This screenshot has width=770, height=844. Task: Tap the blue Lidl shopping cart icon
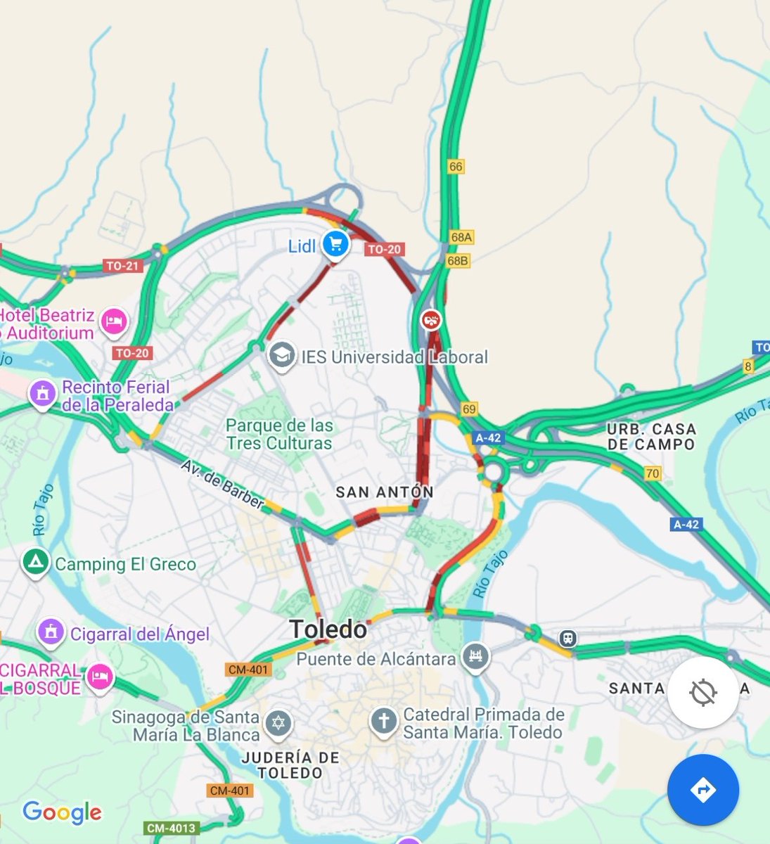point(335,244)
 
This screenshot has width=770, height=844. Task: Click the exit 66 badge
point(456,167)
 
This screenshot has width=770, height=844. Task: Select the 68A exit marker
point(461,238)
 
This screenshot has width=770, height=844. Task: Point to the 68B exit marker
point(457,261)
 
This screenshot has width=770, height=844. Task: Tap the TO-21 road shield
point(122,266)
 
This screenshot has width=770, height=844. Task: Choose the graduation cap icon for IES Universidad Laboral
point(282,354)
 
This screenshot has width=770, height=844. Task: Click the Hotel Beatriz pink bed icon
point(113,321)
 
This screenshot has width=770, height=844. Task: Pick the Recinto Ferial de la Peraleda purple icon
point(42,393)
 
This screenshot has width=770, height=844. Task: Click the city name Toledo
point(328,629)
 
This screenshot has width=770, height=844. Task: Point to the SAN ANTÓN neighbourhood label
point(384,492)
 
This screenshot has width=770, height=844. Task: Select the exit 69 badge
point(469,409)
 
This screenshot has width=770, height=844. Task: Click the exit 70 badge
point(653,473)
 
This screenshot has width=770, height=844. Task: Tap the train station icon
point(567,639)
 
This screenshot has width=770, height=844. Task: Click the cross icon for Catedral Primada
point(384,721)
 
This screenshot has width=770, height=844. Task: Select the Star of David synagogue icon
point(278,723)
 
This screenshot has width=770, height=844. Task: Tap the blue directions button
point(702,790)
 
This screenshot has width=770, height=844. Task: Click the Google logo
point(62,813)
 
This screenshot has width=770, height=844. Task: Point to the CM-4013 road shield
point(172,829)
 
